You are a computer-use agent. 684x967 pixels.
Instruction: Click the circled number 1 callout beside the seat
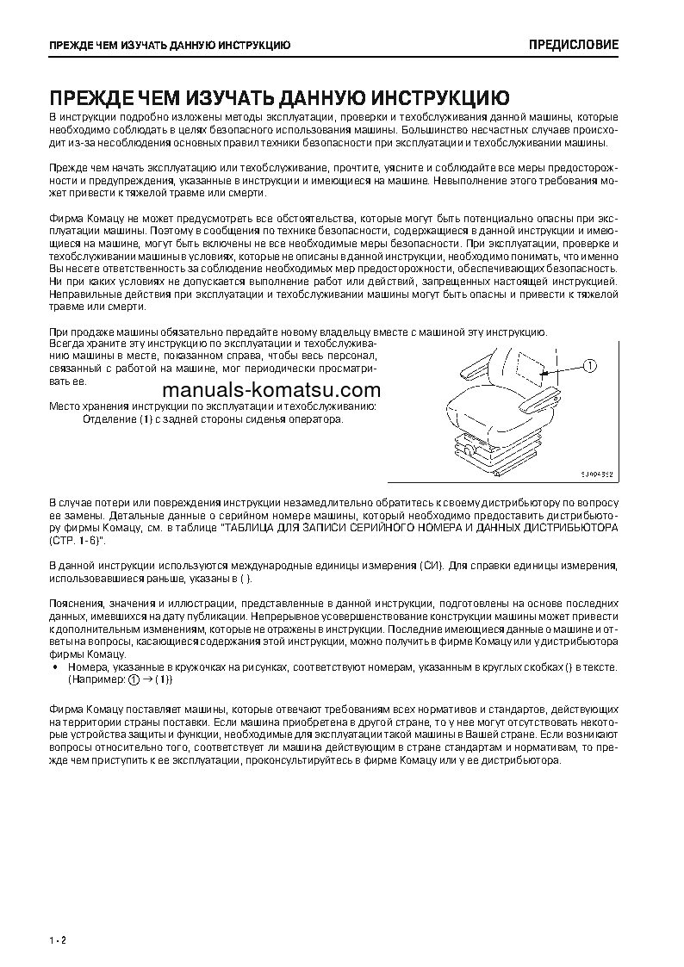pyautogui.click(x=590, y=366)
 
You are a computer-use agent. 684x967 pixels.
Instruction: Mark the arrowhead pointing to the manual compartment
pyautogui.click(x=546, y=372)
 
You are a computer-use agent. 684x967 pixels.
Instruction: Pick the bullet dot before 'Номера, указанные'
pyautogui.click(x=56, y=667)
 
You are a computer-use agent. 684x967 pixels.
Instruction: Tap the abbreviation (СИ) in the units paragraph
pyautogui.click(x=431, y=565)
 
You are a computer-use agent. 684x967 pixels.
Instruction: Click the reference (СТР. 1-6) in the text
pyautogui.click(x=77, y=539)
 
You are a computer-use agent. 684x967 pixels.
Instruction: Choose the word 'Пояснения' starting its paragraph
pyautogui.click(x=76, y=604)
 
